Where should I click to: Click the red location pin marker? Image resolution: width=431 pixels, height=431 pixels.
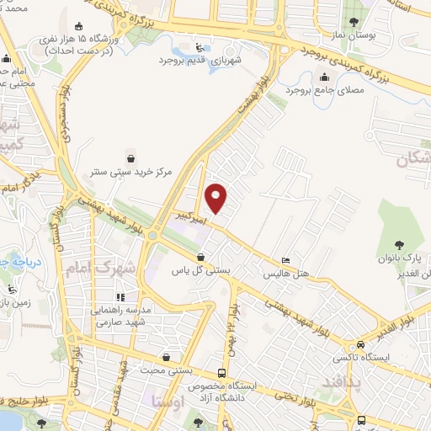[x=216, y=197]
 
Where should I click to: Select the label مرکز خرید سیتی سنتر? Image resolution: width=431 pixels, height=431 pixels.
[x=132, y=172]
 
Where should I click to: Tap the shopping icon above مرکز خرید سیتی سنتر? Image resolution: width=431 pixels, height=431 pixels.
[x=130, y=157]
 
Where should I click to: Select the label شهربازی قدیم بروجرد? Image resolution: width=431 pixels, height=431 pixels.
[x=192, y=61]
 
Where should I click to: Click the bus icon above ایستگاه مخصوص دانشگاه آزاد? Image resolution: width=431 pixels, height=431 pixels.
[x=221, y=373]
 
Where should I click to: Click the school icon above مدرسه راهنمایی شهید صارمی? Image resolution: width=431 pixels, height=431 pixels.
[x=122, y=296]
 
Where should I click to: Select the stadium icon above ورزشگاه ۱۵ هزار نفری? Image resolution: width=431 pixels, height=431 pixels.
[x=79, y=25]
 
